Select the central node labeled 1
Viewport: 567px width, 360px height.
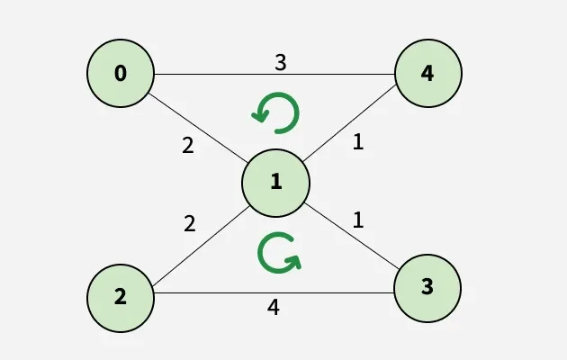pos(275,182)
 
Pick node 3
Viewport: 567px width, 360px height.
pos(427,288)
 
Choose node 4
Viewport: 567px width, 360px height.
pos(427,74)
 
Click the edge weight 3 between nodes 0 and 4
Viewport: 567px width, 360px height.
pos(280,63)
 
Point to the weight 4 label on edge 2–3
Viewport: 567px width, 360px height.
pos(274,307)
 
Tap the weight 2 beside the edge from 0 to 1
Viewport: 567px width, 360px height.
pos(187,145)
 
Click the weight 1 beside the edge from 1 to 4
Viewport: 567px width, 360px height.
pos(357,142)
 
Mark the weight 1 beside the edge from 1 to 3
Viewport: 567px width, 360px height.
pos(357,220)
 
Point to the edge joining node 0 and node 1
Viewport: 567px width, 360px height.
pos(198,128)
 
